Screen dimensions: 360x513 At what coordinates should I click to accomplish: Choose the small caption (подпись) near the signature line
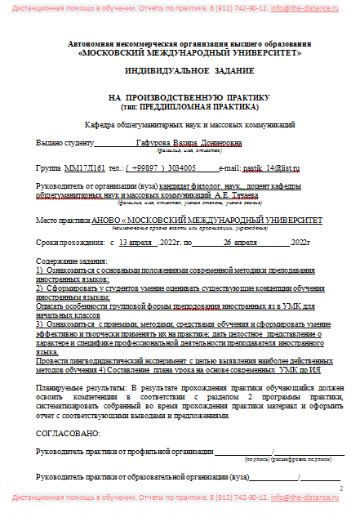(x=258, y=457)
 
